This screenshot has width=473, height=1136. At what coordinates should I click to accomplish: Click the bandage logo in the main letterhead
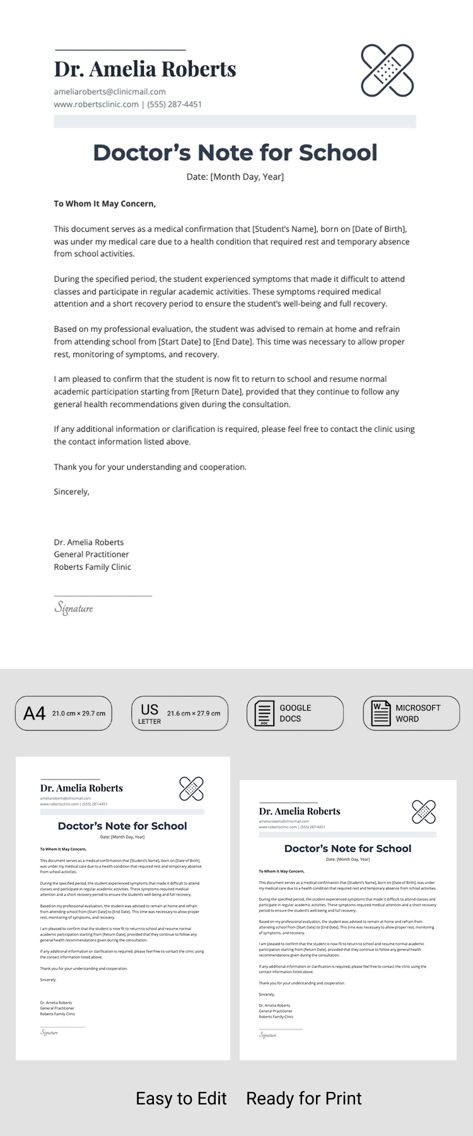[387, 70]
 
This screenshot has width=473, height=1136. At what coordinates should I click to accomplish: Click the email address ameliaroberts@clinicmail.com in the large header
[110, 92]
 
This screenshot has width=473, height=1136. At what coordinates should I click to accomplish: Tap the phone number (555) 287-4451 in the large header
[175, 104]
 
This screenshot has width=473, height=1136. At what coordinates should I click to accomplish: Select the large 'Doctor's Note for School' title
[235, 153]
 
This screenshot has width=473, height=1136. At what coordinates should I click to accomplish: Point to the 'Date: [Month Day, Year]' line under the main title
[235, 177]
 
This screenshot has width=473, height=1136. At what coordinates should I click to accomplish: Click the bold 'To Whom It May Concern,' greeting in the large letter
[105, 204]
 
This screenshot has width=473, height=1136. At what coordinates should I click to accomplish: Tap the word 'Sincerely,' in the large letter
[71, 492]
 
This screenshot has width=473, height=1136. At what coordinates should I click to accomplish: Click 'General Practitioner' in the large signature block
[91, 554]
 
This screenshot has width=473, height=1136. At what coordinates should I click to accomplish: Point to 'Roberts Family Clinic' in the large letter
[92, 567]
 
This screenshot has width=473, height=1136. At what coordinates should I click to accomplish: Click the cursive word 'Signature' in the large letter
[74, 608]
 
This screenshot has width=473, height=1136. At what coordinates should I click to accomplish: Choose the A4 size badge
[64, 713]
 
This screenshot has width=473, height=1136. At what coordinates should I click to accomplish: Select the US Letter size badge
[180, 713]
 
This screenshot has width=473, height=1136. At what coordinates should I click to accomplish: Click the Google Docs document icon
[264, 713]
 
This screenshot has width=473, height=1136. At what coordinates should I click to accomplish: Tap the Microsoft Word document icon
[381, 713]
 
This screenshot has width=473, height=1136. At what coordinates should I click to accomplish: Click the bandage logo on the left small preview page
[191, 788]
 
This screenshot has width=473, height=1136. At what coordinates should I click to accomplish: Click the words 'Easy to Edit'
[181, 1099]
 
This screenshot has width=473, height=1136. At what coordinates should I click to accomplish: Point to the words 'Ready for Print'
[304, 1099]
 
